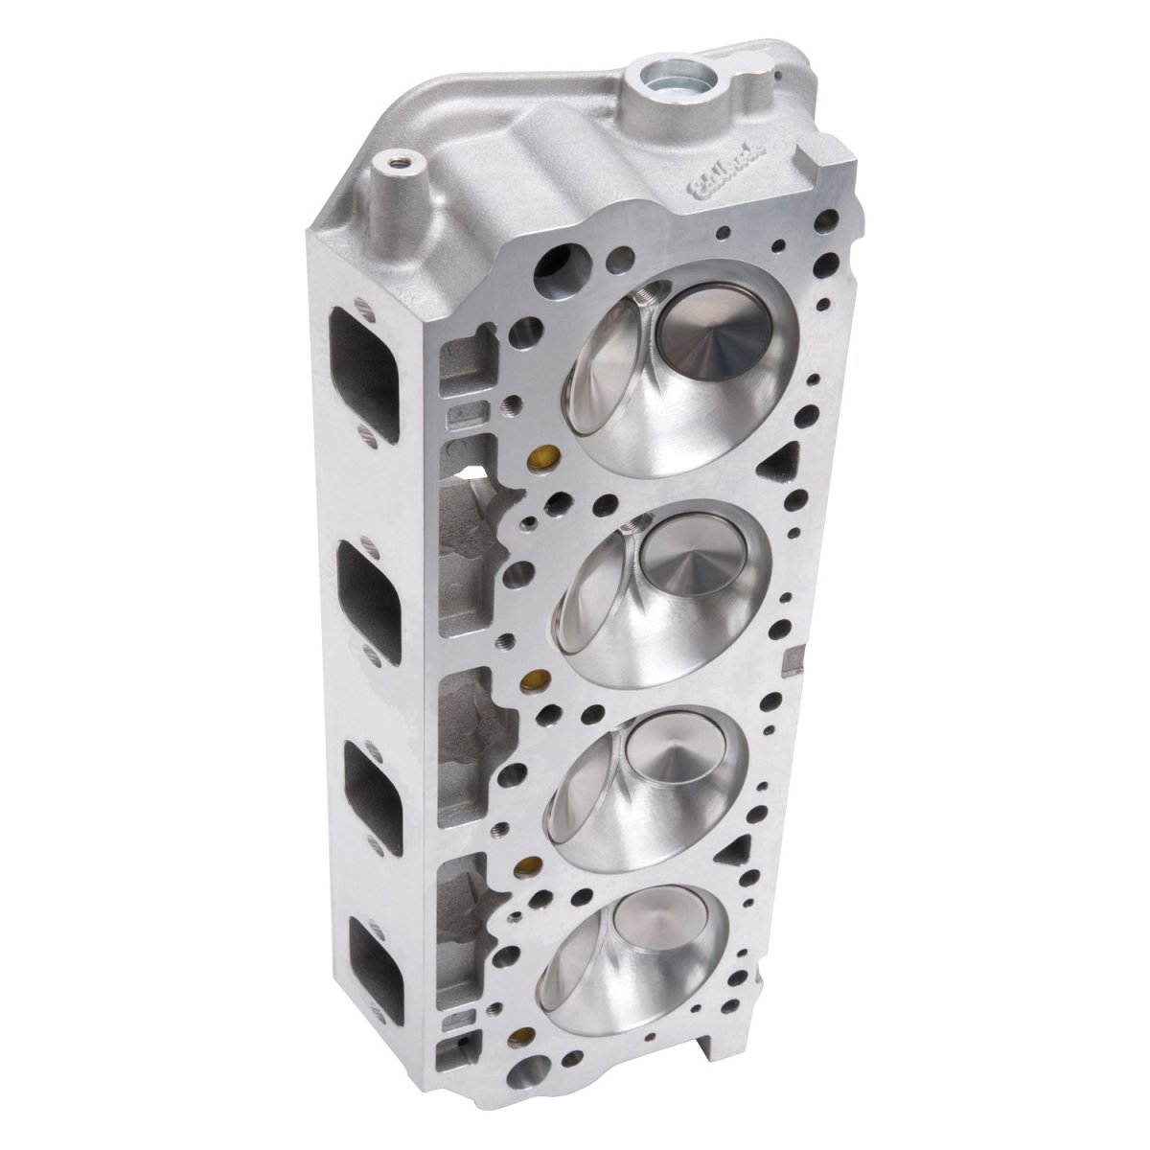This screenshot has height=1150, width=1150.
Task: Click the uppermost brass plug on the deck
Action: pos(544,454)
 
